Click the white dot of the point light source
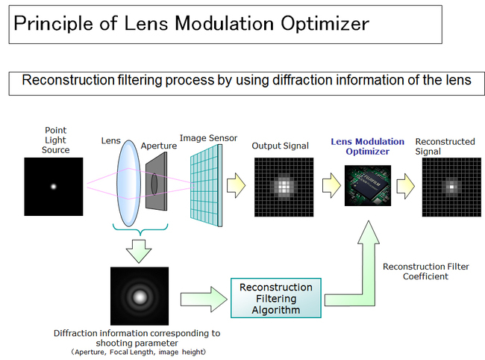coord(54,186)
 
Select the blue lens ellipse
coord(128,183)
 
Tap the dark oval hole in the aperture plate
coord(154,184)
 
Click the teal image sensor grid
coord(206,186)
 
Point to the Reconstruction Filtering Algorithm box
coord(276,298)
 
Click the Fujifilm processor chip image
coord(368,185)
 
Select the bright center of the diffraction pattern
coord(140,297)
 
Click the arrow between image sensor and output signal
coord(237,185)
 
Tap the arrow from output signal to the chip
coord(331,185)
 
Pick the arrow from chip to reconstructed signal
coord(405,186)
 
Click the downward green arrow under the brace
coord(139,251)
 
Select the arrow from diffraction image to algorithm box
coord(204,299)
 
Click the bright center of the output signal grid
coord(284,187)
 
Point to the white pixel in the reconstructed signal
coord(451,187)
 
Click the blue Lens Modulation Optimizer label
coord(367,146)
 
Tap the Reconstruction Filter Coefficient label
coord(426,271)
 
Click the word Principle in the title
coord(53,23)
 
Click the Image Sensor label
coord(208,138)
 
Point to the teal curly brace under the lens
coord(140,230)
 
